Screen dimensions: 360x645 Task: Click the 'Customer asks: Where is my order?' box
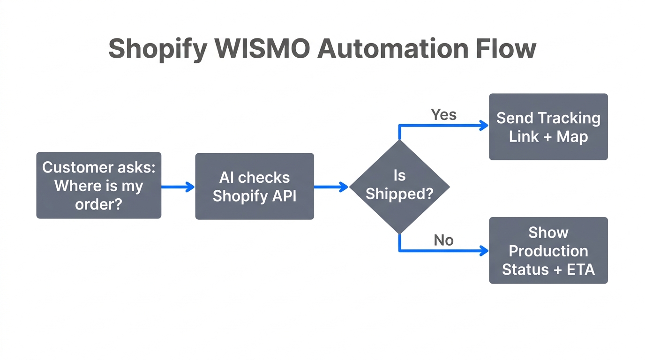point(99,185)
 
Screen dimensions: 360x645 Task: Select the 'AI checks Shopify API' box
point(255,186)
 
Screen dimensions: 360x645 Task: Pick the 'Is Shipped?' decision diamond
point(399,187)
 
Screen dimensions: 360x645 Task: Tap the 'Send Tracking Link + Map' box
point(548,127)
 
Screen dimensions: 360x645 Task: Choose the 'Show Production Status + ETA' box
point(548,250)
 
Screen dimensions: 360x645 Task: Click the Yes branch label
point(443,114)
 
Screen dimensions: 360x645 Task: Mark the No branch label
point(443,240)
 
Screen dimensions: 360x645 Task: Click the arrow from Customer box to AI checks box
point(177,187)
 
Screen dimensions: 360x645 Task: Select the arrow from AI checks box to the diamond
point(330,187)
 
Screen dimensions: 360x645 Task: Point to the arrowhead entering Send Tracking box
point(484,125)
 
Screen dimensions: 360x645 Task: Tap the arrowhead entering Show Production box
point(484,251)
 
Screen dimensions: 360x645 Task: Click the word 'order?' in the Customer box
point(98,204)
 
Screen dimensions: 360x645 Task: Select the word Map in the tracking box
point(572,137)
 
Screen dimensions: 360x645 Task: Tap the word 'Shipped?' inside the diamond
point(399,194)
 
